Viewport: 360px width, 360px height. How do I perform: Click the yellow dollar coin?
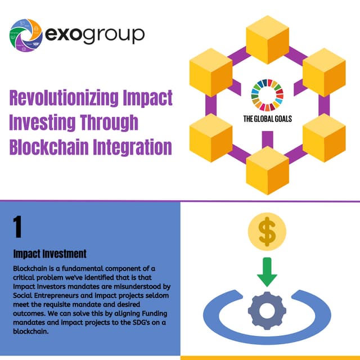[x=267, y=231]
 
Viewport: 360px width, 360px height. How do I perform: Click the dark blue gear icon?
[x=267, y=308]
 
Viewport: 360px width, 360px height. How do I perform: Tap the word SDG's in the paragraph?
[x=142, y=323]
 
